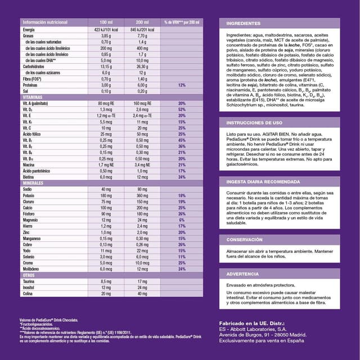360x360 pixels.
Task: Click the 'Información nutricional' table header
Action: pyautogui.click(x=44, y=21)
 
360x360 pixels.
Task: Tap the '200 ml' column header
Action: pyautogui.click(x=142, y=21)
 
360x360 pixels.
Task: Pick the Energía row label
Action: pyautogui.click(x=29, y=29)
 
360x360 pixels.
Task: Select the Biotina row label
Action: pyautogui.click(x=29, y=177)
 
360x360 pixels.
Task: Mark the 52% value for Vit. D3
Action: pyautogui.click(x=182, y=109)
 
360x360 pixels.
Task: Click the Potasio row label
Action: pyautogui.click(x=29, y=195)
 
